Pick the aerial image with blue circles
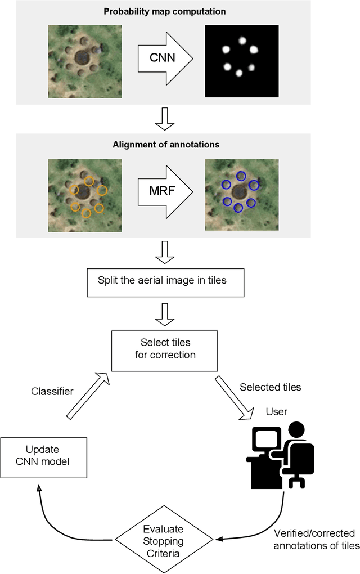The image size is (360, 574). click(x=241, y=194)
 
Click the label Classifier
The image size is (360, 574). click(x=52, y=391)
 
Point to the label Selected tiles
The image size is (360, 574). click(x=270, y=387)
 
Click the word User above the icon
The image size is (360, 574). click(x=276, y=412)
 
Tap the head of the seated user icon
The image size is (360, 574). click(x=296, y=431)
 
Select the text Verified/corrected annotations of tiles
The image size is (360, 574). click(x=314, y=539)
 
